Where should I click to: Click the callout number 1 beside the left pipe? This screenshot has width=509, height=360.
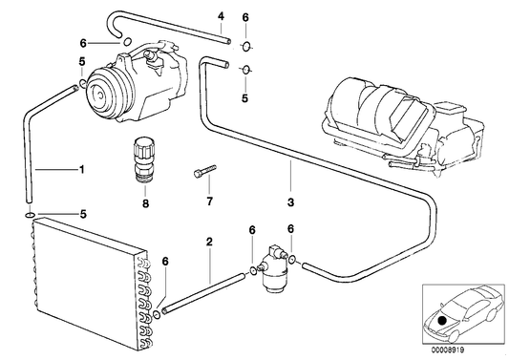click(81, 170)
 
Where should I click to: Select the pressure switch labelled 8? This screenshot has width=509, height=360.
click(145, 159)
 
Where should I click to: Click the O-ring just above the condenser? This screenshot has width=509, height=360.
click(33, 215)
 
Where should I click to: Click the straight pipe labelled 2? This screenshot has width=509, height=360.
click(205, 290)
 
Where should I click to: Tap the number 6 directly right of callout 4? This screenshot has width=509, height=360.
click(245, 17)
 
